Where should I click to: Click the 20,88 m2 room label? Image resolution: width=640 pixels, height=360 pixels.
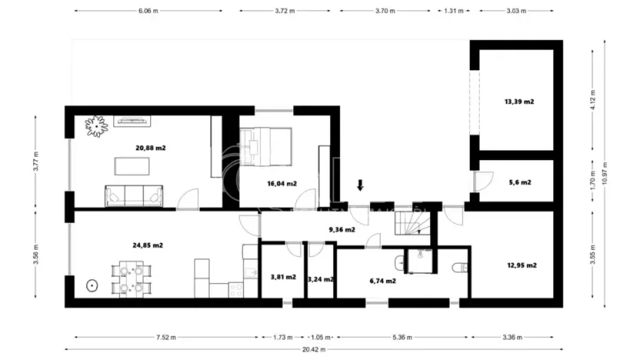click(150, 148)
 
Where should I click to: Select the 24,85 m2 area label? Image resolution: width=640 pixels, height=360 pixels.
click(147, 245)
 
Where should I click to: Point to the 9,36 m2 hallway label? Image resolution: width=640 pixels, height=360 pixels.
click(342, 228)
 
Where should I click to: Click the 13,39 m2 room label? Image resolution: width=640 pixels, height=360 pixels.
click(518, 102)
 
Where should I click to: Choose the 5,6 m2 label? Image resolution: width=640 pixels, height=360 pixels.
click(520, 182)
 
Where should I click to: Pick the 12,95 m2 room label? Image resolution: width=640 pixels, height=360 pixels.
click(521, 265)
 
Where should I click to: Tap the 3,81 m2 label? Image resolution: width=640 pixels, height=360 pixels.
click(283, 277)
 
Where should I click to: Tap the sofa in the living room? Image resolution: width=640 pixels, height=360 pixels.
click(135, 196)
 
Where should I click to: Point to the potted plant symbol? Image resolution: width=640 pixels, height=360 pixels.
click(96, 125)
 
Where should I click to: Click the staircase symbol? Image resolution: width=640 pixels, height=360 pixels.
click(414, 224)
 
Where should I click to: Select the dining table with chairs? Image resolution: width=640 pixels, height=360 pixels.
click(131, 278)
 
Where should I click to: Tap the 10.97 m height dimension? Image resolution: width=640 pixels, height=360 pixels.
click(605, 176)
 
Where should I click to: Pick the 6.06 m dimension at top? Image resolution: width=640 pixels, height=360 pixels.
click(148, 12)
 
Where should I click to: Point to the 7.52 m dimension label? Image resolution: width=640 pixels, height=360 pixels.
click(162, 337)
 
